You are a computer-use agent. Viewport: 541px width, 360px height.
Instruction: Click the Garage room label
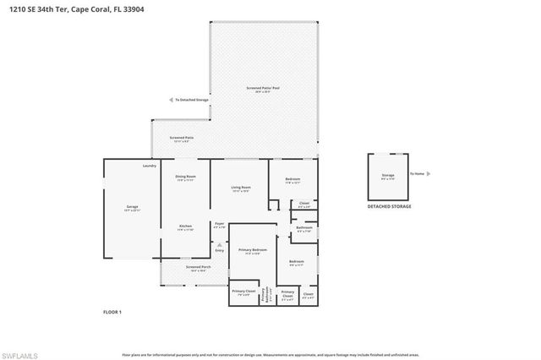[132, 207]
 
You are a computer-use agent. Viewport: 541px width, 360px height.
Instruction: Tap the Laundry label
[150, 166]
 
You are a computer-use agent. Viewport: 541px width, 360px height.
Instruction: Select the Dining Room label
[185, 177]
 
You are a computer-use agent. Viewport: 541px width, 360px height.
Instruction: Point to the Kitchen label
[185, 226]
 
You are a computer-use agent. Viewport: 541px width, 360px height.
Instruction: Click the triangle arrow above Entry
[220, 244]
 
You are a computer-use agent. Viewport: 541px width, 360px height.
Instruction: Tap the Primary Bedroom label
[253, 250]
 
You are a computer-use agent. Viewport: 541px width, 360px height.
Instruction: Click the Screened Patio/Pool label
[263, 88]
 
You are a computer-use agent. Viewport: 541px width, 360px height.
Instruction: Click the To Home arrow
[429, 174]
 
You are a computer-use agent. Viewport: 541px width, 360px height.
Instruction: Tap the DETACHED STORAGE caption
[389, 206]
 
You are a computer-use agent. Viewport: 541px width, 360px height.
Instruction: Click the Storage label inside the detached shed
[389, 175]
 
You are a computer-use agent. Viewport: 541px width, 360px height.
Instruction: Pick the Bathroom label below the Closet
[304, 226]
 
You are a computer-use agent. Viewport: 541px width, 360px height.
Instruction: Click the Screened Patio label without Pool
[181, 137]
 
